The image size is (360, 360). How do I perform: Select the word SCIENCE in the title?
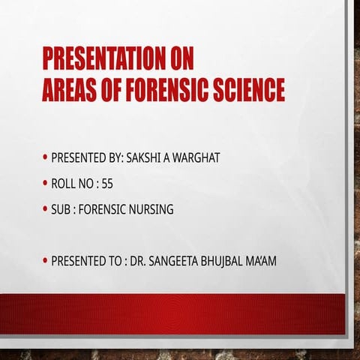click(x=248, y=90)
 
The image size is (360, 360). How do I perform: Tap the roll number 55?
click(x=107, y=184)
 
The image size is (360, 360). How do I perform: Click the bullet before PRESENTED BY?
click(x=46, y=158)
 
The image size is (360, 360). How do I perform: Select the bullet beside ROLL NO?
click(x=46, y=184)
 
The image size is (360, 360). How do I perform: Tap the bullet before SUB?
click(x=46, y=209)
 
